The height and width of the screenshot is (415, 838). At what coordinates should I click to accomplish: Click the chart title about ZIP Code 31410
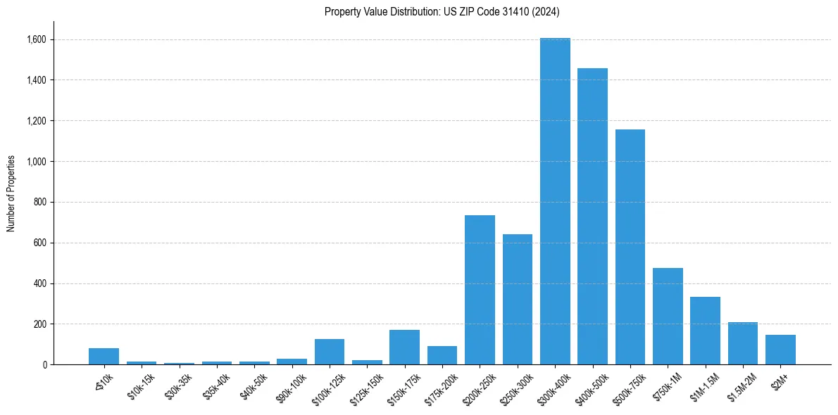coord(442,12)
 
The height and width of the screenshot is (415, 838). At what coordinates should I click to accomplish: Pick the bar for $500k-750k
coord(630,247)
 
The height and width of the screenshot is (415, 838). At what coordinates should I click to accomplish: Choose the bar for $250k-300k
coord(518,300)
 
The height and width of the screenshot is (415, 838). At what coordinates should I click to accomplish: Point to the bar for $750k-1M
coord(668,317)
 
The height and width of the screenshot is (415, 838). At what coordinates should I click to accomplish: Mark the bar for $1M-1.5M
coord(705,331)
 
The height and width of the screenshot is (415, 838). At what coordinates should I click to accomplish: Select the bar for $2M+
coord(780,350)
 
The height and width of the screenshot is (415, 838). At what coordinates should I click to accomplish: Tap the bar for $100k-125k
coord(330,352)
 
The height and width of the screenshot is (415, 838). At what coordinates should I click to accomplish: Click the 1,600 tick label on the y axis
coord(36,39)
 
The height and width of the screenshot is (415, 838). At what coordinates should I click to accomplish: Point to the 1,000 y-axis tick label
coord(36,162)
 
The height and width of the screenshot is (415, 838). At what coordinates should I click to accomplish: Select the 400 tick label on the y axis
coord(40,283)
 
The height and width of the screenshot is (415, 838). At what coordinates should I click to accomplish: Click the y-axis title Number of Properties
coord(11,193)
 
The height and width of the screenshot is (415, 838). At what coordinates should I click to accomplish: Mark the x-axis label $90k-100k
coord(290,388)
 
